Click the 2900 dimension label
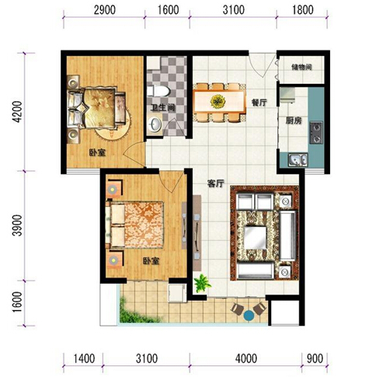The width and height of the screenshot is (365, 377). click(x=105, y=10)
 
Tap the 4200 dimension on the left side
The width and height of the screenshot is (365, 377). click(x=18, y=112)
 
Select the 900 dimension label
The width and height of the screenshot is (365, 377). click(x=315, y=358)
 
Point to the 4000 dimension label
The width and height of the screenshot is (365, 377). click(x=246, y=358)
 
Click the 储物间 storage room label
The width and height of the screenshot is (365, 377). click(x=301, y=68)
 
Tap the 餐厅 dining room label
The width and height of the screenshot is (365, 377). click(x=259, y=103)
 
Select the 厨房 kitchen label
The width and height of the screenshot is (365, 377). click(x=294, y=120)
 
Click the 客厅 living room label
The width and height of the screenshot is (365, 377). click(x=215, y=183)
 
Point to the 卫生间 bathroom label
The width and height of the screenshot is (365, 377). click(x=163, y=107)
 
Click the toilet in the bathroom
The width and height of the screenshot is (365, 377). click(x=158, y=91)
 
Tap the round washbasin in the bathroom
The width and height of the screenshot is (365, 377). click(x=155, y=124)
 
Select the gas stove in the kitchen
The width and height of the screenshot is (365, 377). click(x=316, y=133)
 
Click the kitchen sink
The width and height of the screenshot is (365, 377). click(x=297, y=159)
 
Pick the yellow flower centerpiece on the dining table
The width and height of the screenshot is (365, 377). click(x=217, y=101)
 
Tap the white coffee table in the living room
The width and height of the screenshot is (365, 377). click(x=255, y=238)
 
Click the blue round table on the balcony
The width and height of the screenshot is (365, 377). click(x=249, y=316)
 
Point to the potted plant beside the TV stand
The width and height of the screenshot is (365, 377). click(x=203, y=283)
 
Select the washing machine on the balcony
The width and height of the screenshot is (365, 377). click(x=177, y=293)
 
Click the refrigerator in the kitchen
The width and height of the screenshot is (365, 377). click(x=287, y=95)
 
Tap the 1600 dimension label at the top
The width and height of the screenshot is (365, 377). click(x=168, y=10)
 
